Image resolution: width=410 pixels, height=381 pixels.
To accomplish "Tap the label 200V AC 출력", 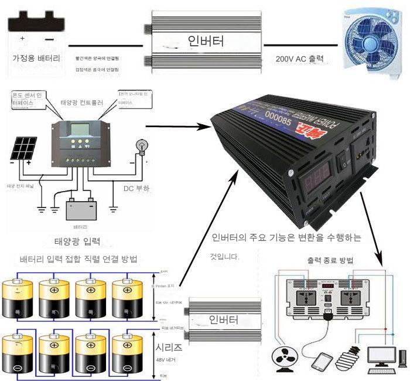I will [x=299, y=59].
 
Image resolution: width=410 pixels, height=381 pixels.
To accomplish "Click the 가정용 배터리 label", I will [x=36, y=59].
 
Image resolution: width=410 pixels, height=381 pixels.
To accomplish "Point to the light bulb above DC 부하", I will [x=141, y=145].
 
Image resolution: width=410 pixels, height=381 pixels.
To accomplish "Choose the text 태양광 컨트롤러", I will [x=81, y=102].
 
